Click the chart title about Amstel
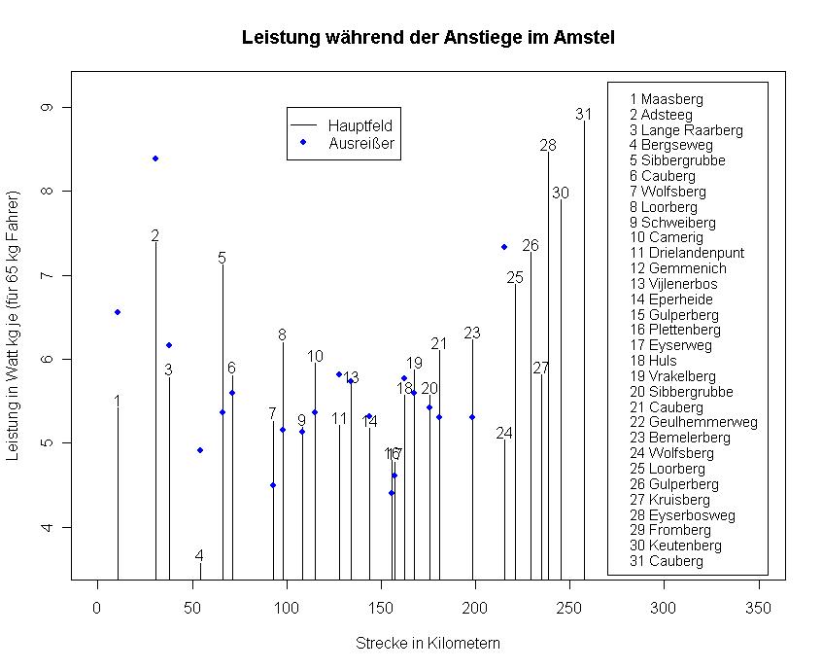click(x=428, y=38)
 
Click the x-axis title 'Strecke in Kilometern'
click(x=428, y=644)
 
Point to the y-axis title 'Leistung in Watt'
click(x=14, y=332)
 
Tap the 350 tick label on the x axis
click(x=758, y=608)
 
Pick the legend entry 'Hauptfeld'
click(x=360, y=125)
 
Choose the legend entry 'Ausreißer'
click(x=360, y=143)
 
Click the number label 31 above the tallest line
click(x=583, y=114)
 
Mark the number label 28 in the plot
click(x=548, y=146)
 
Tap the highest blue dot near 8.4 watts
click(x=155, y=158)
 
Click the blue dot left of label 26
click(x=504, y=247)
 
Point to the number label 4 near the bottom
click(x=199, y=556)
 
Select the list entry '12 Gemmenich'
click(x=676, y=268)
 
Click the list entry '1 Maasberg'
click(x=666, y=99)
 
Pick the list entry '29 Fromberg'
click(x=669, y=530)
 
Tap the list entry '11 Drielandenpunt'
click(x=687, y=253)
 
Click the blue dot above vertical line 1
click(x=118, y=312)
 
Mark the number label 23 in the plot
click(x=472, y=333)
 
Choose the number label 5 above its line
click(x=223, y=258)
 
